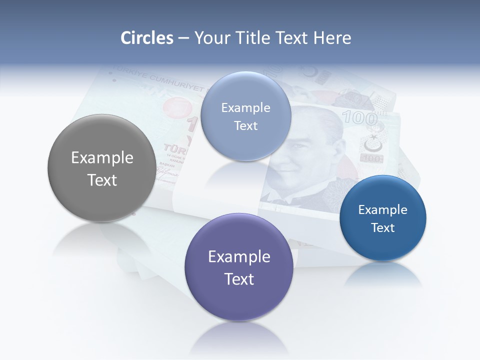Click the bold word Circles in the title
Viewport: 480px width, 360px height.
pos(146,38)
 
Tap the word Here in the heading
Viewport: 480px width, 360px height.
pos(332,38)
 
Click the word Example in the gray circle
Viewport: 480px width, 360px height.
pos(102,158)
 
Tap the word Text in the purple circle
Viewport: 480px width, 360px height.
pos(239,279)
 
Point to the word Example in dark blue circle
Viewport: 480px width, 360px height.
pos(382,210)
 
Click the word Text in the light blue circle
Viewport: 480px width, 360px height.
pos(245,126)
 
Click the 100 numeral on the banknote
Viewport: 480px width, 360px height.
pos(359,118)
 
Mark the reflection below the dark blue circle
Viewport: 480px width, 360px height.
pos(383,275)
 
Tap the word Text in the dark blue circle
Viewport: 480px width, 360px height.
pos(383,228)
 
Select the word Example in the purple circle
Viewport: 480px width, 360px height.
pos(239,257)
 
